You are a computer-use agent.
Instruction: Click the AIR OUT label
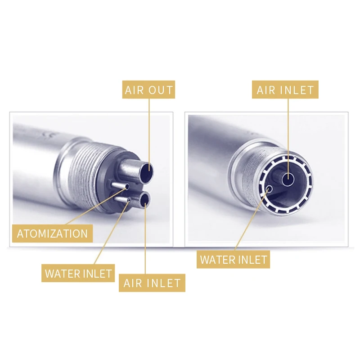(x=148, y=90)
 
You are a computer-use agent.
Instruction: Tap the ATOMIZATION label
(x=52, y=234)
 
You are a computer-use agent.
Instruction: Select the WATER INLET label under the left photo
(x=78, y=273)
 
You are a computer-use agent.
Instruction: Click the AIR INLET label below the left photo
(x=152, y=283)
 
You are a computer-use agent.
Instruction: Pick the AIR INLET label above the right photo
(x=285, y=90)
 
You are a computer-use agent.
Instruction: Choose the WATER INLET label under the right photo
(x=233, y=260)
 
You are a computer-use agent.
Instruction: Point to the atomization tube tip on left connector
(x=127, y=187)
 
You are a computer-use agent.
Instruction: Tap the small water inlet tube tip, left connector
(x=130, y=200)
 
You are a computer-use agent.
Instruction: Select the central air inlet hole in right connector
(x=288, y=179)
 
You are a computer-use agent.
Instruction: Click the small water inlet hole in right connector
(x=270, y=189)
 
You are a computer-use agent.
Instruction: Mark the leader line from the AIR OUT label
(x=149, y=135)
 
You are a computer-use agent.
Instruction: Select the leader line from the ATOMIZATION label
(x=96, y=206)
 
